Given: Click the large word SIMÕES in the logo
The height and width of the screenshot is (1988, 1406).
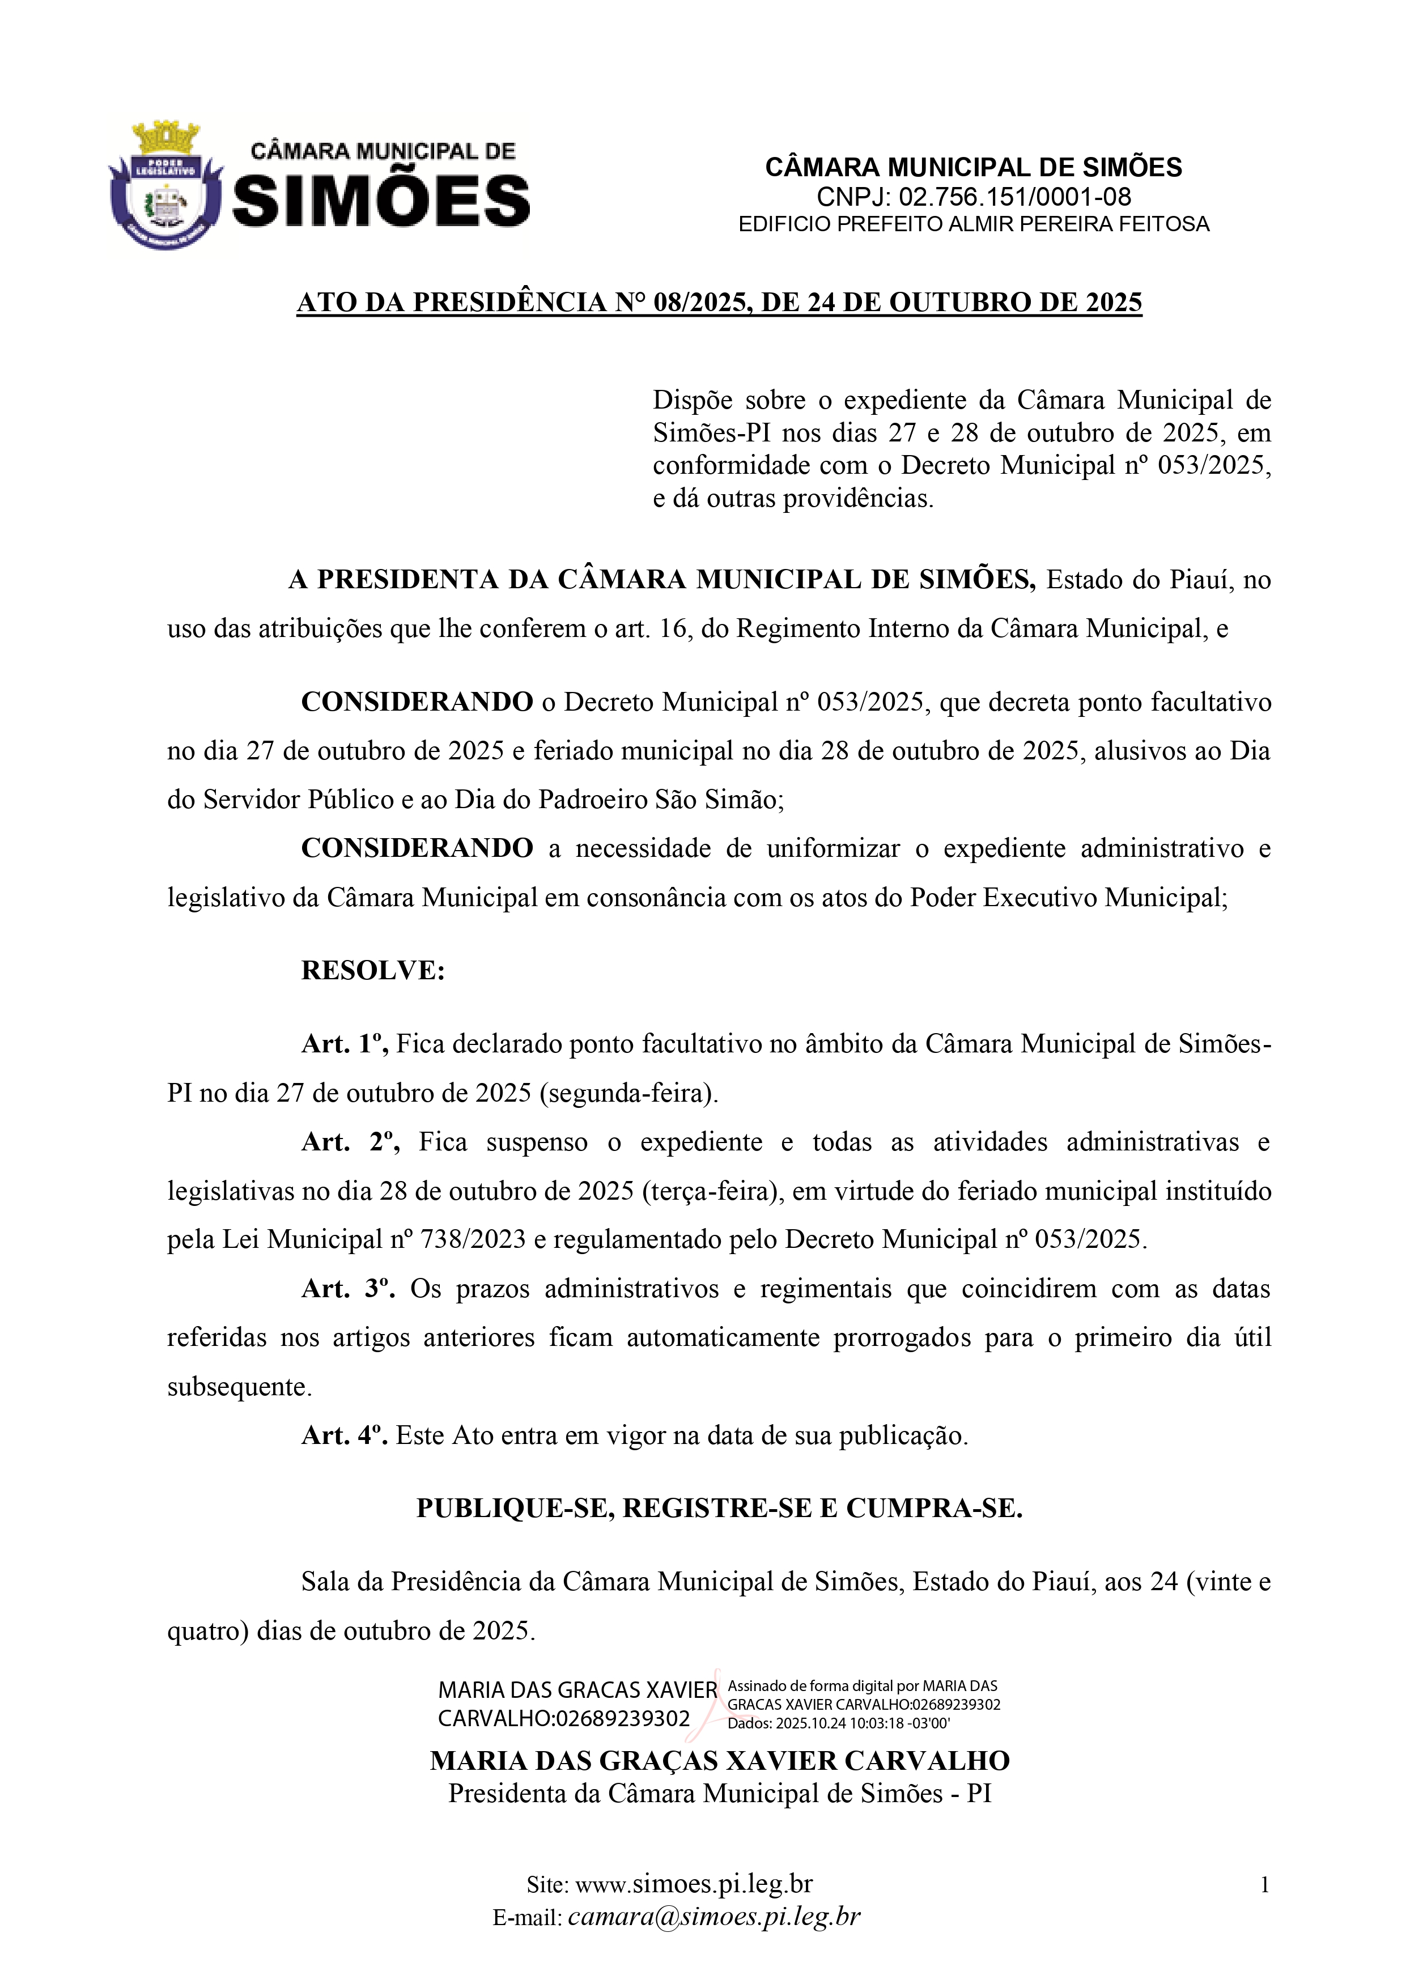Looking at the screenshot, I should (381, 201).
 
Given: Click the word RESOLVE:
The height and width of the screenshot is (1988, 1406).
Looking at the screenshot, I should (372, 971).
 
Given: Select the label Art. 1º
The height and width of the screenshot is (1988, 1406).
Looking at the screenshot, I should (344, 1044).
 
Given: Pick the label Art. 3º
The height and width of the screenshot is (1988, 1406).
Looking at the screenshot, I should (347, 1289).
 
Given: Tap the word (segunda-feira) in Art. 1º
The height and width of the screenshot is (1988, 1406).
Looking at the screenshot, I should (628, 1094).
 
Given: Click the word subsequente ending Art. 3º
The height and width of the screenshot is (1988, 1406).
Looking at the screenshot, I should (239, 1387).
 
